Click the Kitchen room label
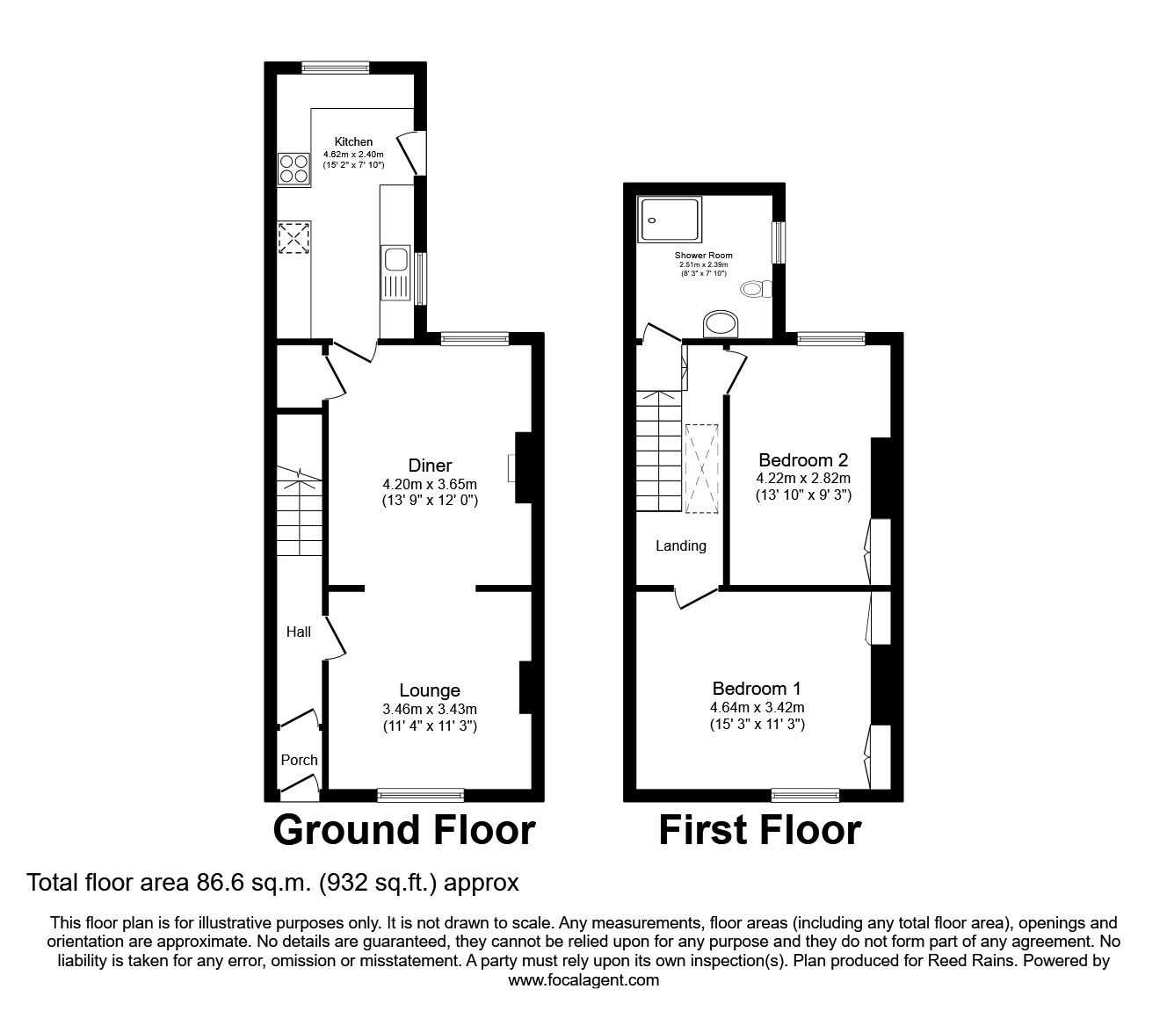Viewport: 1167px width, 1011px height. point(353,141)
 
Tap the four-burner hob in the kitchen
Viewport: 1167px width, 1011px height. point(294,169)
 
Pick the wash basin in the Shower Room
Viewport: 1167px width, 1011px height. point(722,324)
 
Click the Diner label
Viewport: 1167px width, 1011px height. point(430,466)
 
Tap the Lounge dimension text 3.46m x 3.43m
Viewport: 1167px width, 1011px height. point(430,709)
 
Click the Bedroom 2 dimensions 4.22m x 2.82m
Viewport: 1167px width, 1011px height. point(803,478)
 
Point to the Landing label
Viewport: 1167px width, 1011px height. point(681,545)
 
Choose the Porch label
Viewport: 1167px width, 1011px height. point(299,760)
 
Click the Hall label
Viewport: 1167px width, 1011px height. point(299,632)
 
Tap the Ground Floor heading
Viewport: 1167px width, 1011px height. point(403,830)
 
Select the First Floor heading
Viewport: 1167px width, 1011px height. point(759,830)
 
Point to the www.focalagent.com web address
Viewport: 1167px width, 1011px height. point(583,980)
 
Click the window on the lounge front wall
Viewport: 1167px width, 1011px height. point(421,795)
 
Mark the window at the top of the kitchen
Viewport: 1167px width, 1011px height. point(335,67)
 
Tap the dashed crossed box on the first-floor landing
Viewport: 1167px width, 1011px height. point(702,467)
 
